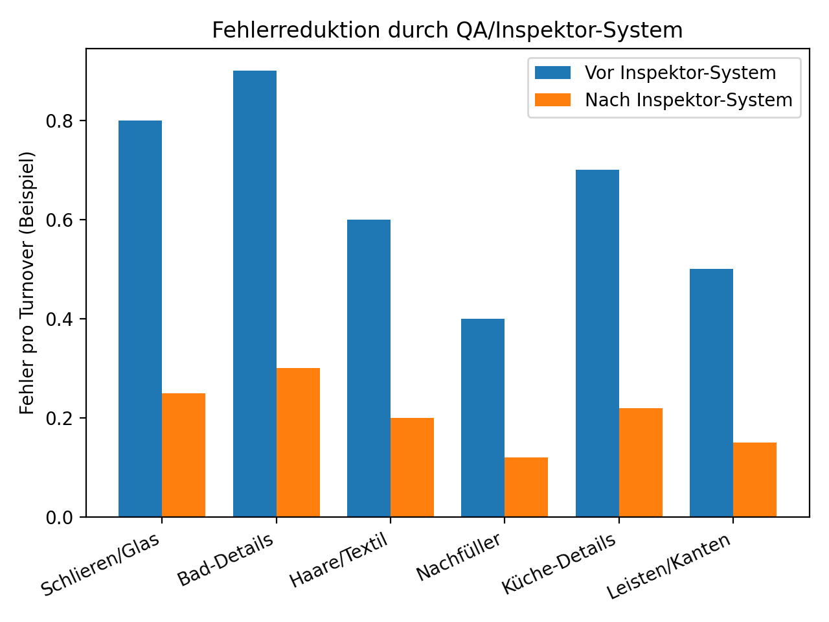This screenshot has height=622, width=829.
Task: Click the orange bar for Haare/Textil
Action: [x=412, y=467]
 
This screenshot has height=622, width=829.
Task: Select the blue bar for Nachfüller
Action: [x=483, y=418]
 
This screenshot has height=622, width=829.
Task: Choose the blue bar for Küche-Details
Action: [x=597, y=343]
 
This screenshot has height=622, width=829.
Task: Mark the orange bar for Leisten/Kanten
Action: [x=755, y=479]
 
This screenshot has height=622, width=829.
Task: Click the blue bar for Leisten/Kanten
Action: [x=711, y=393]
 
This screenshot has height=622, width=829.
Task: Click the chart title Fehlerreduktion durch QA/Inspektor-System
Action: [x=447, y=30]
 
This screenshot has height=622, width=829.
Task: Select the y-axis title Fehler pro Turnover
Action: [x=27, y=282]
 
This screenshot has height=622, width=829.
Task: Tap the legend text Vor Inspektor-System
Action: [x=680, y=73]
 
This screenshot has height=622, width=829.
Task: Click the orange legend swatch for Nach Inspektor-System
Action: [x=552, y=100]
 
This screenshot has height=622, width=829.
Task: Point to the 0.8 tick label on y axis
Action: [x=59, y=121]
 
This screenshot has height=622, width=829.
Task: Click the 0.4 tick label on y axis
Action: [x=59, y=319]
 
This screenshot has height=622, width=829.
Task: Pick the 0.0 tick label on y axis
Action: [x=59, y=518]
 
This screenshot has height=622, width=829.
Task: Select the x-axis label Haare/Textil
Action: [x=339, y=560]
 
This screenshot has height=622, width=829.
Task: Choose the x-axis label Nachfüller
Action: [x=459, y=557]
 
